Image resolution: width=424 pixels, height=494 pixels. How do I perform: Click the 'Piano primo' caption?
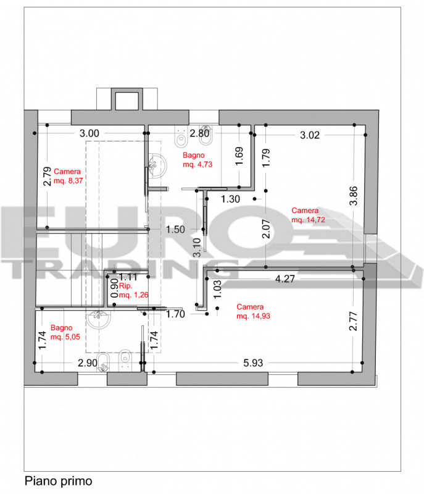pyautogui.click(x=58, y=481)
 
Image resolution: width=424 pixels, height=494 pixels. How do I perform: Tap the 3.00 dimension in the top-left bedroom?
pyautogui.click(x=89, y=133)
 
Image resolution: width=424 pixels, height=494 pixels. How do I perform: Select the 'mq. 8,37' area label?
pyautogui.click(x=69, y=181)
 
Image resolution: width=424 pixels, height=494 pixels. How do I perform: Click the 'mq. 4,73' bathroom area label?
pyautogui.click(x=197, y=164)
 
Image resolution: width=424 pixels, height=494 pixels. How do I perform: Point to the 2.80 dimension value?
pyautogui.click(x=199, y=133)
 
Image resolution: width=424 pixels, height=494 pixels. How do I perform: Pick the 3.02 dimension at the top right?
pyautogui.click(x=310, y=135)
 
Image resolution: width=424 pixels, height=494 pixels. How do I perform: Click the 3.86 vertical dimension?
pyautogui.click(x=354, y=196)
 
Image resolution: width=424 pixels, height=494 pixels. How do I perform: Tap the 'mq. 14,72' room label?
pyautogui.click(x=308, y=220)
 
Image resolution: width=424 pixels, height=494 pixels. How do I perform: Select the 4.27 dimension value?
pyautogui.click(x=285, y=279)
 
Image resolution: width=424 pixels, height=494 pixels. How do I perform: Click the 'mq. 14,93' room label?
pyautogui.click(x=254, y=316)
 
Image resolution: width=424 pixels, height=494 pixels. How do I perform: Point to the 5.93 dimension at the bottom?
pyautogui.click(x=253, y=363)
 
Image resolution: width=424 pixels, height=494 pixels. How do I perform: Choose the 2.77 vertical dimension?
pyautogui.click(x=354, y=321)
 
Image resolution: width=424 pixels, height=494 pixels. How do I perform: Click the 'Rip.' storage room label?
pyautogui.click(x=125, y=286)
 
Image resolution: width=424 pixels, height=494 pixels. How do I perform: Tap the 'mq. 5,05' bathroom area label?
pyautogui.click(x=65, y=337)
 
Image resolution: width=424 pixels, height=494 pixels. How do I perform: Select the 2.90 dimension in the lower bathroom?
pyautogui.click(x=88, y=363)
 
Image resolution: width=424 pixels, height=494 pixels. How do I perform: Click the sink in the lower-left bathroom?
pyautogui.click(x=99, y=319)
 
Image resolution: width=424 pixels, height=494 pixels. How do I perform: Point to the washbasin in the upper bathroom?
pyautogui.click(x=157, y=165)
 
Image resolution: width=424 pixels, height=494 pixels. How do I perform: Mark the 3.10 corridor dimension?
pyautogui.click(x=197, y=248)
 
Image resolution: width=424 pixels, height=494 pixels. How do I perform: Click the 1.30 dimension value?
pyautogui.click(x=230, y=199)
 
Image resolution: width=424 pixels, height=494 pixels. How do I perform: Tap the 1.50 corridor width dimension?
pyautogui.click(x=175, y=229)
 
